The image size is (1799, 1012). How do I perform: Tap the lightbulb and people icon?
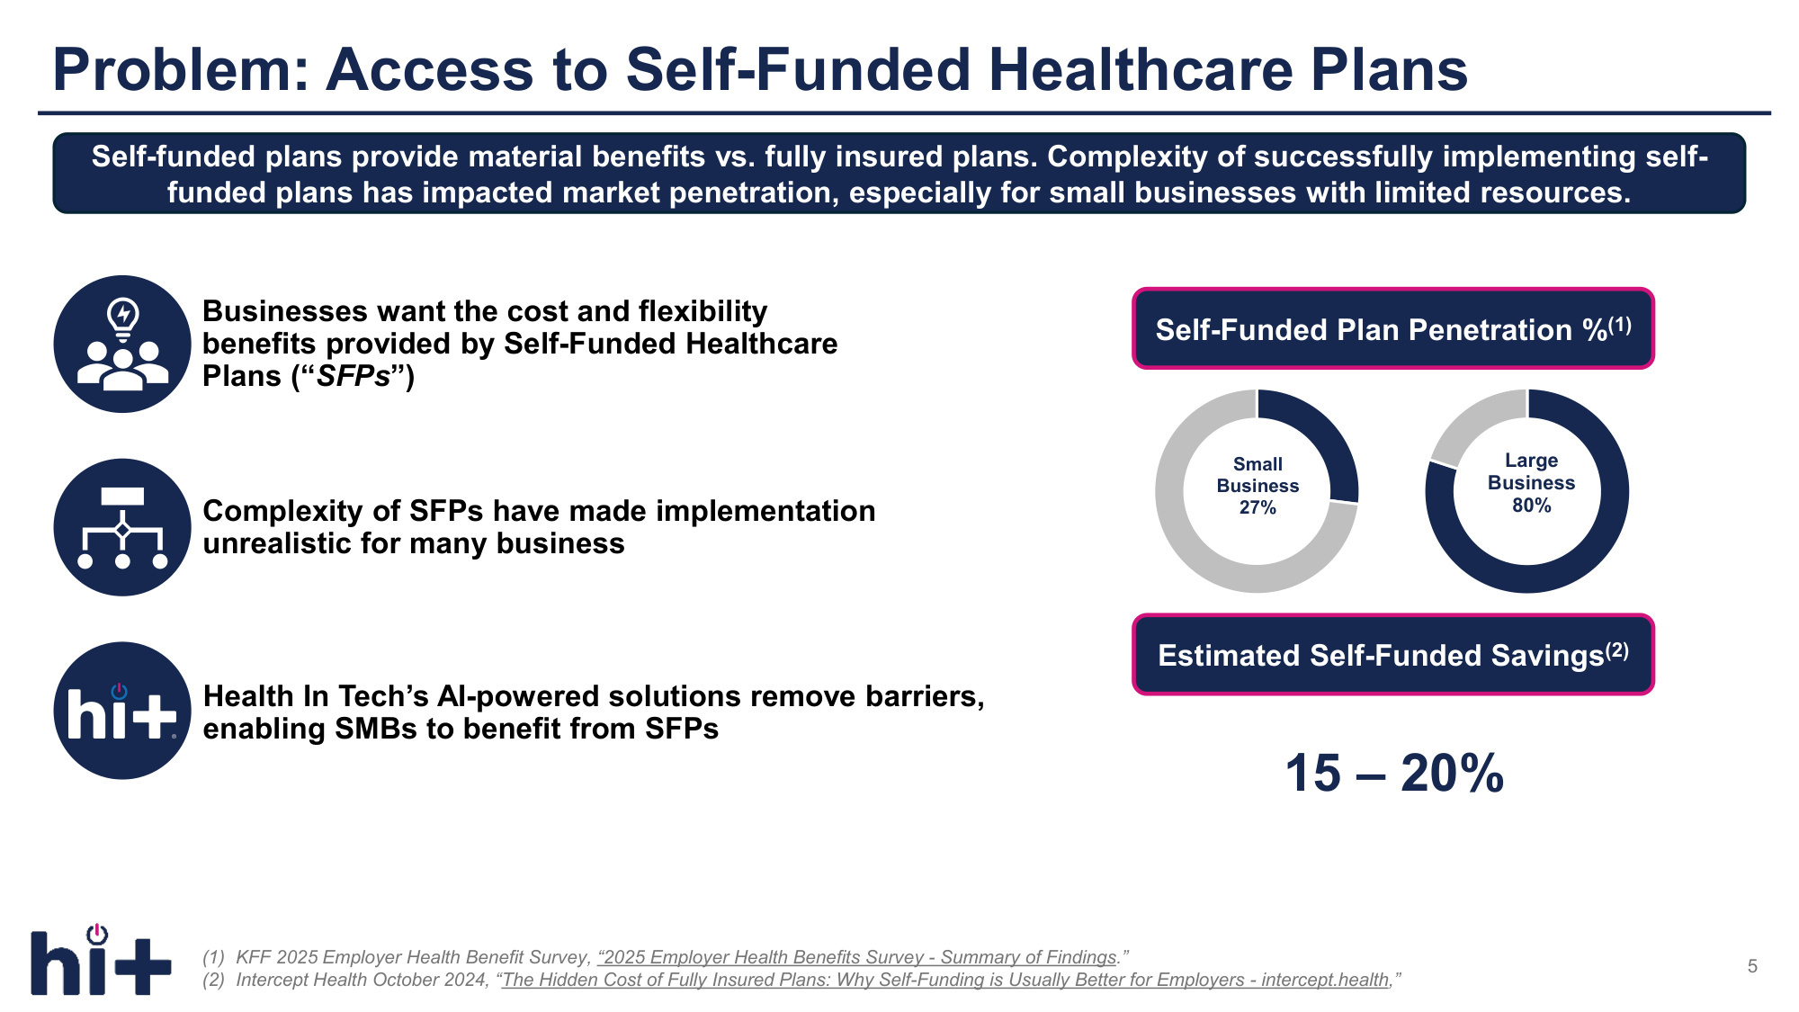(x=122, y=344)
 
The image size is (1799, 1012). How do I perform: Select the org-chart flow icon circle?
(x=122, y=527)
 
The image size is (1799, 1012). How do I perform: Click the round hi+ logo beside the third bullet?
(x=122, y=711)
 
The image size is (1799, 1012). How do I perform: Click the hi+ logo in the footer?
(x=101, y=959)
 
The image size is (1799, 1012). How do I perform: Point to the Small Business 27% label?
(x=1258, y=486)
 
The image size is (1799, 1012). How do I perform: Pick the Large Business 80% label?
(x=1531, y=483)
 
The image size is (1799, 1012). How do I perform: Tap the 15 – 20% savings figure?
(x=1394, y=773)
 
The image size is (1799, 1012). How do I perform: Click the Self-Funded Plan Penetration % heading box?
(x=1393, y=328)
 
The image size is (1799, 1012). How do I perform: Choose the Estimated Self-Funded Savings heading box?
(x=1393, y=654)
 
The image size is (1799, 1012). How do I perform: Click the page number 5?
(x=1752, y=966)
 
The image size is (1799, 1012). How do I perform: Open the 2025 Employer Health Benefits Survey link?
(x=858, y=957)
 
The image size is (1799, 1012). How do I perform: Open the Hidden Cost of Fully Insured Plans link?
(x=945, y=980)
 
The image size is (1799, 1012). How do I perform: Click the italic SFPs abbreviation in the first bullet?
(x=354, y=376)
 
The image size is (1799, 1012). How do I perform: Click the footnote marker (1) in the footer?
(x=213, y=957)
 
